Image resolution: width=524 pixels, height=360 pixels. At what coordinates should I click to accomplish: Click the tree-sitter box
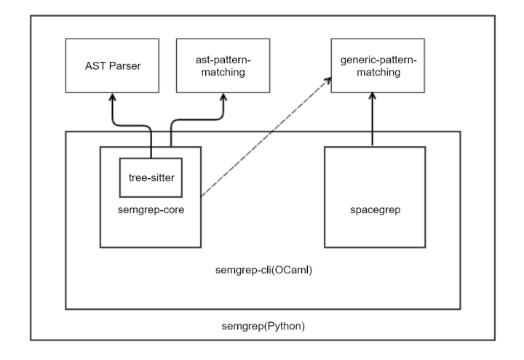coord(150,177)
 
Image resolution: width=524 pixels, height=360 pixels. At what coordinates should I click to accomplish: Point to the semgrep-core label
coord(150,210)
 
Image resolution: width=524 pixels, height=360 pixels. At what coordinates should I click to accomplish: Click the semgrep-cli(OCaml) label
coord(263,270)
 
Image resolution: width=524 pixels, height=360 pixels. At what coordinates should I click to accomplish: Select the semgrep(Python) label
coord(263,325)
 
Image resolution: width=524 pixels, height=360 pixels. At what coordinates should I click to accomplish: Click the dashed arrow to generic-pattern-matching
coord(262,139)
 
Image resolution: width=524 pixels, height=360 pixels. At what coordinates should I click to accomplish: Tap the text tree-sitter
coord(150,177)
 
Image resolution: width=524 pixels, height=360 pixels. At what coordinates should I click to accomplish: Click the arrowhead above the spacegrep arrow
coord(373,98)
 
